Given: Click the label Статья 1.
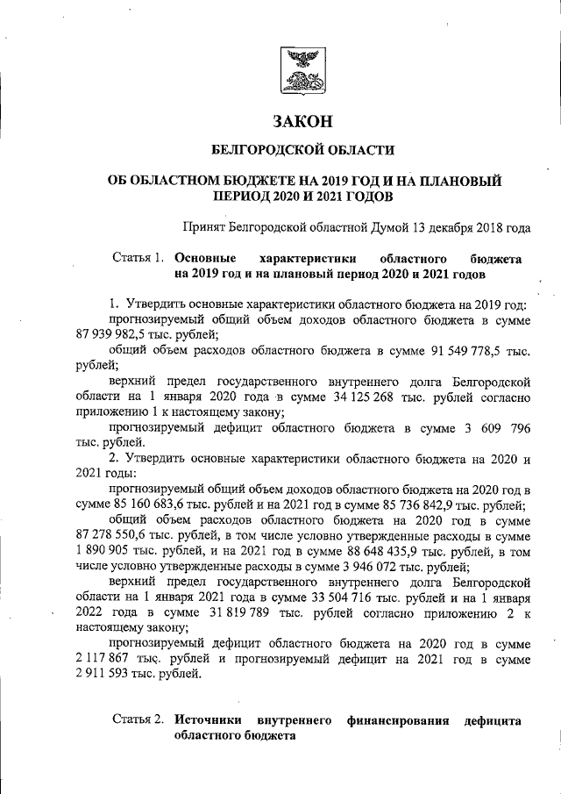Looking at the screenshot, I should click(138, 260).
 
